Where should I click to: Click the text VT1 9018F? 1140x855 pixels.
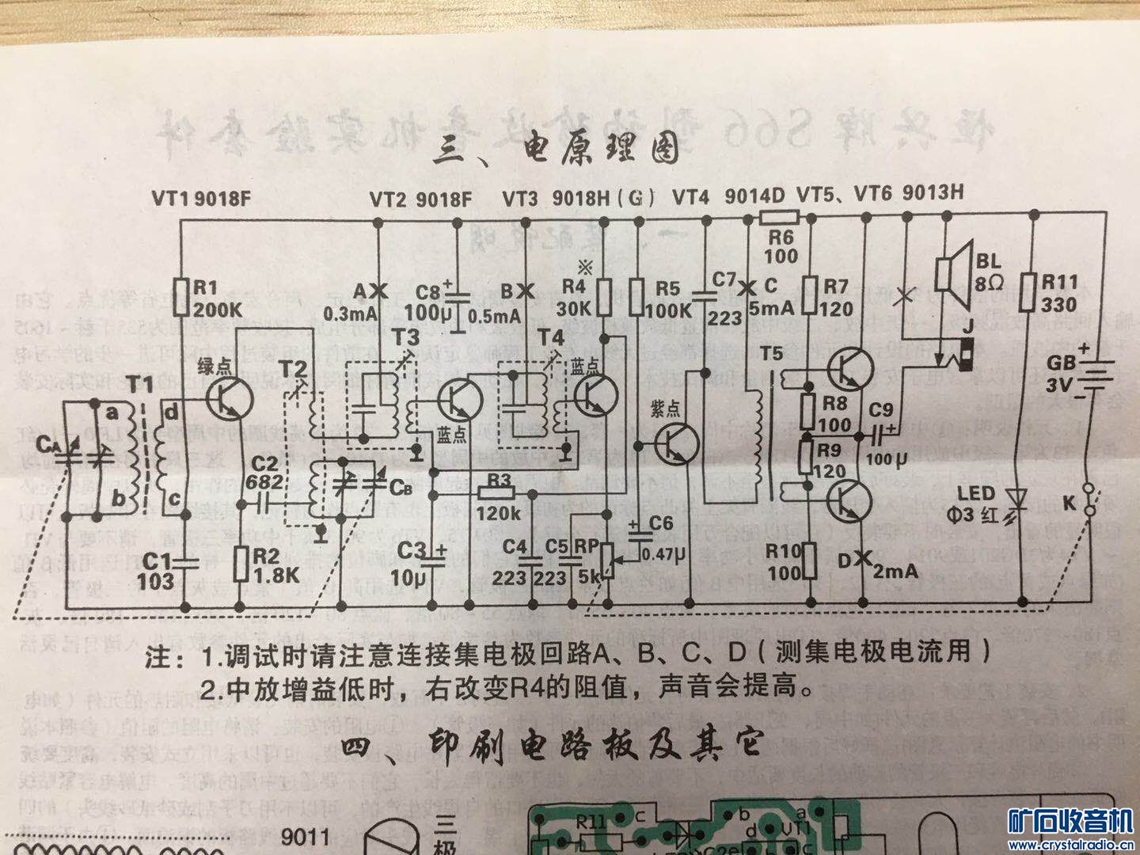[202, 199]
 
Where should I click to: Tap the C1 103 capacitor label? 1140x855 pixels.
[155, 570]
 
